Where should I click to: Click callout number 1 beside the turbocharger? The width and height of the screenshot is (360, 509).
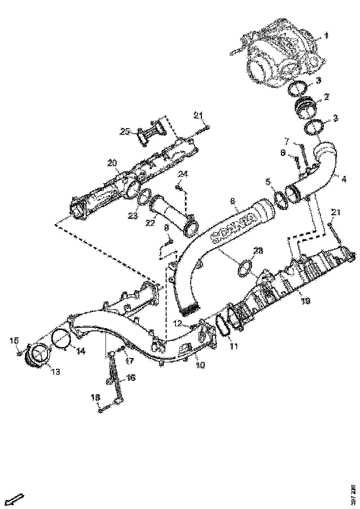(326, 35)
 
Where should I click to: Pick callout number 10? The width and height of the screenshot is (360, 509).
(200, 365)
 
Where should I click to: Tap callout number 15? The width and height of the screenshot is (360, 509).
(14, 341)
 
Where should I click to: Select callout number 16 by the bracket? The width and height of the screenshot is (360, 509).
(131, 378)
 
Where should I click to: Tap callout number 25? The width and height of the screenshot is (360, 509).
(124, 132)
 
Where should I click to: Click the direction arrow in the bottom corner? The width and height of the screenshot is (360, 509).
(17, 499)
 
